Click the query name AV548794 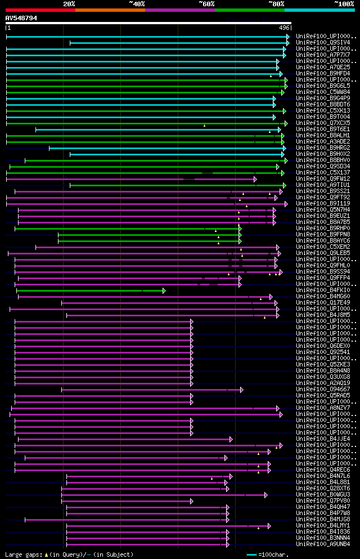coord(21,18)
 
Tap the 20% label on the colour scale coord(69,4)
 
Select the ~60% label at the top coord(206,4)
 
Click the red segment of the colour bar coord(40,10)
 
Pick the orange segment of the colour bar coord(110,10)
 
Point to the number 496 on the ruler coord(283,28)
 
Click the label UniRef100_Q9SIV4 coord(323,42)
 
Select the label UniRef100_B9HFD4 coord(323,73)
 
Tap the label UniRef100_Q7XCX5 coord(323,123)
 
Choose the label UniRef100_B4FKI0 coord(323,290)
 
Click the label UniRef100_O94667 coord(323,389)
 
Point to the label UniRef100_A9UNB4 coord(323,544)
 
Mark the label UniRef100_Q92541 coord(323,352)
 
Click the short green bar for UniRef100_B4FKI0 coord(90,290)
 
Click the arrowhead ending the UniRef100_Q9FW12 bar coord(255,179)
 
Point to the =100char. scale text coord(273,554)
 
